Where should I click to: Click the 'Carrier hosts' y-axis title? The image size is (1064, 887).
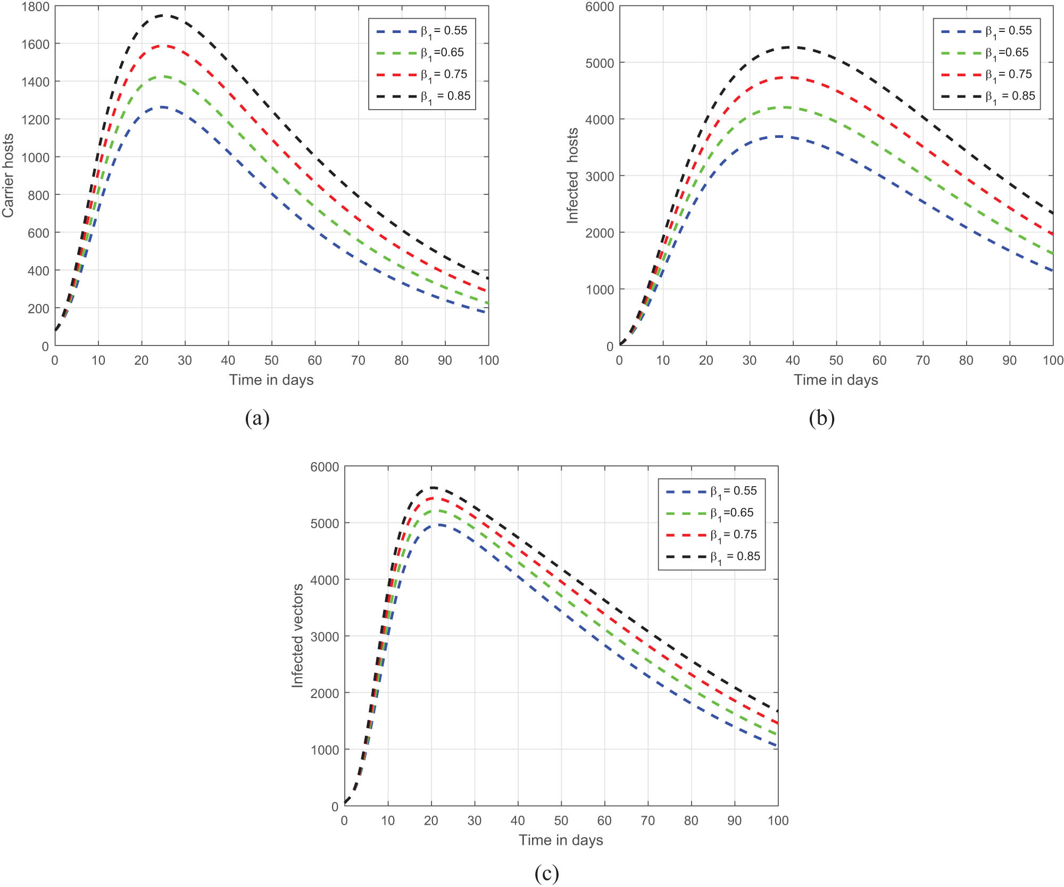click(7, 176)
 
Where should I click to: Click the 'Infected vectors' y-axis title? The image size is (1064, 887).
click(297, 636)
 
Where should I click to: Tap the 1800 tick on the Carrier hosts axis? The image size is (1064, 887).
click(35, 7)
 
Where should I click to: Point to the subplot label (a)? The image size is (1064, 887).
click(257, 418)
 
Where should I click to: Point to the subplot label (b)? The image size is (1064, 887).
click(821, 418)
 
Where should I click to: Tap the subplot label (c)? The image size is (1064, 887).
click(546, 873)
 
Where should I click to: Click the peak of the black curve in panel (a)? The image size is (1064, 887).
click(163, 15)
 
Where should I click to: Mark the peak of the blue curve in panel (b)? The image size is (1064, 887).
click(780, 136)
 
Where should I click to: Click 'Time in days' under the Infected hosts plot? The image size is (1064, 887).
click(836, 380)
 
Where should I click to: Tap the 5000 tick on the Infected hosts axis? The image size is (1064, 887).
click(600, 63)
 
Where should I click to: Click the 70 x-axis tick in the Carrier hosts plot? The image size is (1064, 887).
click(358, 361)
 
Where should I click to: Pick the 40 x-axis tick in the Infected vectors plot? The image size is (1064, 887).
click(518, 821)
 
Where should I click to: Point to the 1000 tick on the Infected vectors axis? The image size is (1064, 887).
click(325, 750)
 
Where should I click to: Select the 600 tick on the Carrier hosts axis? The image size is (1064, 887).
click(38, 233)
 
